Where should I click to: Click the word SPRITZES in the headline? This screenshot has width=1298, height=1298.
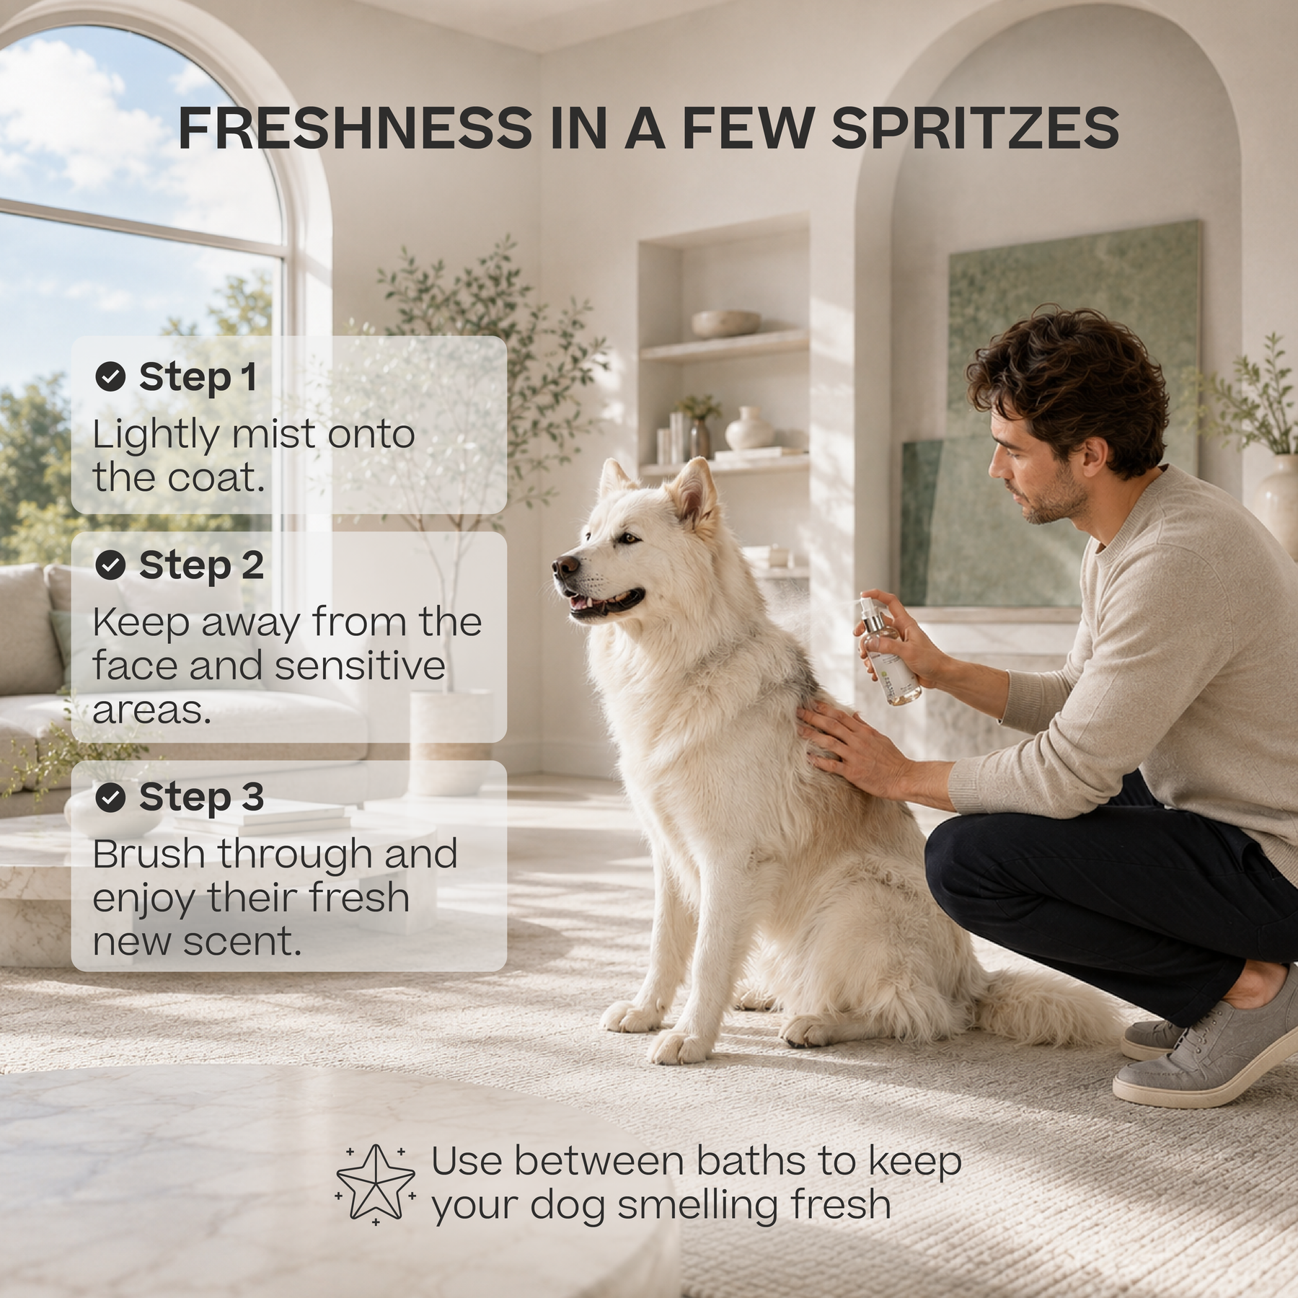pos(975,128)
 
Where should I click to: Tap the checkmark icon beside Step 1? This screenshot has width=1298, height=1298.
pos(110,376)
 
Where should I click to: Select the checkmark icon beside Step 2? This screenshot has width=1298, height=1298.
pos(110,565)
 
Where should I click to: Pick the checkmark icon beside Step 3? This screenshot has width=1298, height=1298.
pos(110,798)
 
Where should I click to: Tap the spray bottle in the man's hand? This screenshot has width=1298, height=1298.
pos(888,650)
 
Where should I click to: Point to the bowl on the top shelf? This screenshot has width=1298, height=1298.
pos(725,324)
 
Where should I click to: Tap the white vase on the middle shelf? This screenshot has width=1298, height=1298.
pos(749,428)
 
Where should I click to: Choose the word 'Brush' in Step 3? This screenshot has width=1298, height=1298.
pos(149,855)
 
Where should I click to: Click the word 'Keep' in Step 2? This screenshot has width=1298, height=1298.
pos(141,624)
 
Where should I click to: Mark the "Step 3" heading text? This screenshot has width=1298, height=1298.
pos(201,798)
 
